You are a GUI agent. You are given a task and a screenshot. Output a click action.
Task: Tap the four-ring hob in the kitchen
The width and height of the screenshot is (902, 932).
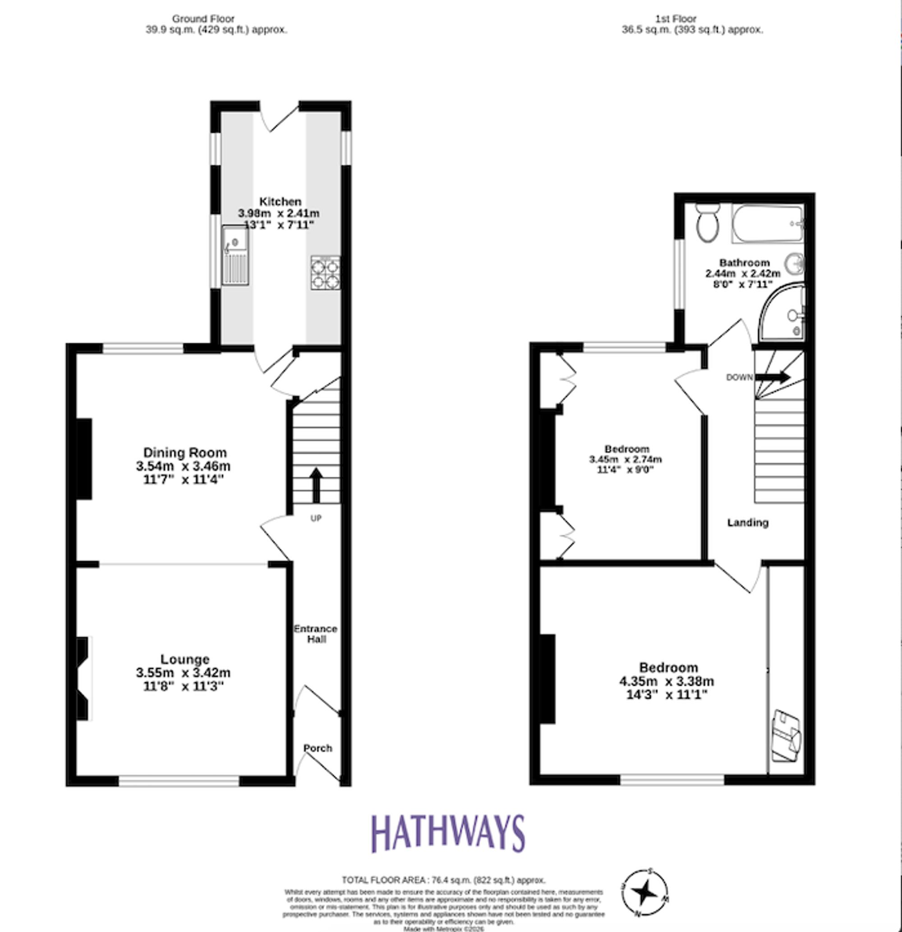(326, 273)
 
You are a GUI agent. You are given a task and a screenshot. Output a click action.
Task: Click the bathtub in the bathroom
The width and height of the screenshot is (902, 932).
(767, 224)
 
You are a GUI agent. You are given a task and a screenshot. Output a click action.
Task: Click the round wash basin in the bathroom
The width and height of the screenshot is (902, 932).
(794, 263)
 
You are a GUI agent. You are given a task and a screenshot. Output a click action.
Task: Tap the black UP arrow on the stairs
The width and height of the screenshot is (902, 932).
(316, 484)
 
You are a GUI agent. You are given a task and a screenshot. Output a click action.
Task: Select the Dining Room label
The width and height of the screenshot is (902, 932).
(185, 452)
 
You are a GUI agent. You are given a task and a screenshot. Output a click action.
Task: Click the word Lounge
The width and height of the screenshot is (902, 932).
(185, 659)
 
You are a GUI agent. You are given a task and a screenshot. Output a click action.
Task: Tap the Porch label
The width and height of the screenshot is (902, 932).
(318, 748)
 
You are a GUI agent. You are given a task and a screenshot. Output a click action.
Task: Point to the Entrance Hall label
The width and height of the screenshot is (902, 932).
(316, 634)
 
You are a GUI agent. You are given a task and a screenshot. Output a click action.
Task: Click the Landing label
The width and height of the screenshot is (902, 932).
(747, 522)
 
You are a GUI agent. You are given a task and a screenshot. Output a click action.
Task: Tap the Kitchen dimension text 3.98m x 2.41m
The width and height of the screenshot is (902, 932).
(279, 213)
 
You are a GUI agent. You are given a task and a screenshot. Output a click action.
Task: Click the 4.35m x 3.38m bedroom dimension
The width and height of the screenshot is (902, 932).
(667, 681)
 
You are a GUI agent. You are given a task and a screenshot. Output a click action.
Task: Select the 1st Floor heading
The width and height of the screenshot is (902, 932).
(676, 18)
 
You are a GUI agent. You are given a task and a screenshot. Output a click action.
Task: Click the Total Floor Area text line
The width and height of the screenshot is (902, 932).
(444, 880)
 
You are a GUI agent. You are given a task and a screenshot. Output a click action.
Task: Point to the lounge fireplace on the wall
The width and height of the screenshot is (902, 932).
(83, 678)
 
